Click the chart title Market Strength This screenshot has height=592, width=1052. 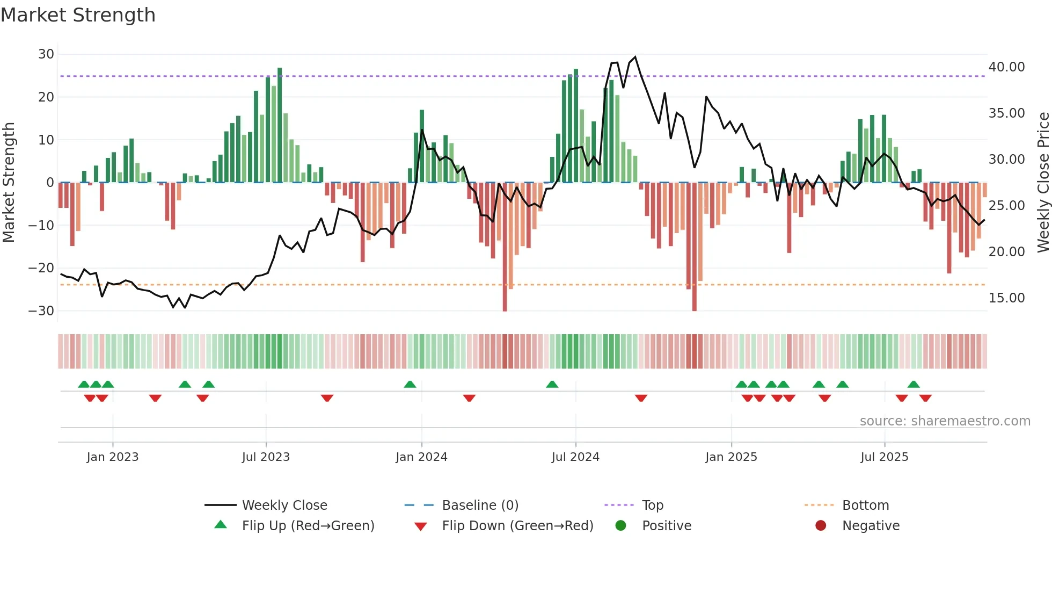click(x=78, y=15)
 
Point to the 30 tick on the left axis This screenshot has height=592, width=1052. click(x=46, y=54)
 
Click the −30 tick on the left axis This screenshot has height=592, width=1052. click(x=42, y=311)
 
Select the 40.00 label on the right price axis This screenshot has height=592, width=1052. click(x=1006, y=67)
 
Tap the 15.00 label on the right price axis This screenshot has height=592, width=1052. click(x=1006, y=298)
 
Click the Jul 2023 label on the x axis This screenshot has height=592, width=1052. click(x=266, y=457)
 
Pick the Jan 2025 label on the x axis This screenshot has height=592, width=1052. click(x=731, y=457)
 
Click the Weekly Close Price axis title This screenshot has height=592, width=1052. click(x=1043, y=183)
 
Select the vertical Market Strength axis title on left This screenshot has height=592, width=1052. click(x=9, y=183)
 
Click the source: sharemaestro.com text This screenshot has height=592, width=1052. click(x=945, y=421)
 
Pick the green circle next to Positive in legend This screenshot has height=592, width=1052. click(x=621, y=526)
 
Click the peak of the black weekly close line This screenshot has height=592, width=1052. click(x=635, y=57)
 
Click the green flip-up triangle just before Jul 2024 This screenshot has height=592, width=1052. click(x=552, y=384)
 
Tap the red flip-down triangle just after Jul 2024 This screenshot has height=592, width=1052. click(x=641, y=398)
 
